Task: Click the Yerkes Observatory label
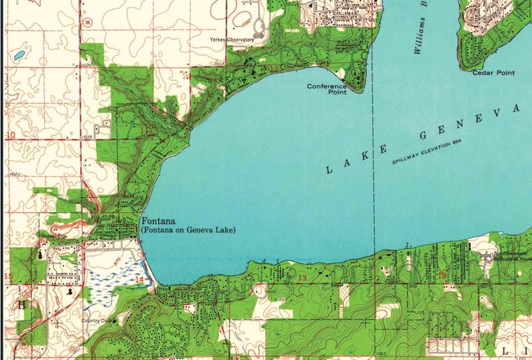pos(232,40)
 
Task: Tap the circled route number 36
pos(88,22)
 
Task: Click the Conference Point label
pos(327,89)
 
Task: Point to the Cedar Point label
pos(494,72)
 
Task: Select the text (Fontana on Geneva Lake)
pos(188,230)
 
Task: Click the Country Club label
pos(96,320)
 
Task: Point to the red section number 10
pos(10,135)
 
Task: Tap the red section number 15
pos(8,276)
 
